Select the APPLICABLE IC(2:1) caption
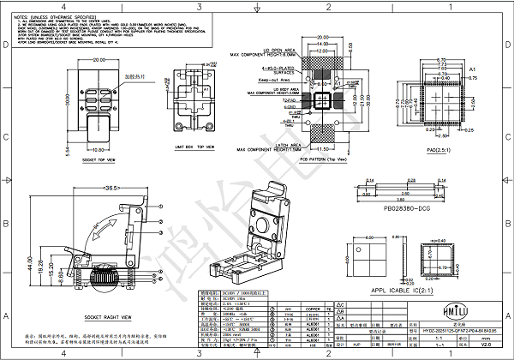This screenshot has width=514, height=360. tap(409, 290)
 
